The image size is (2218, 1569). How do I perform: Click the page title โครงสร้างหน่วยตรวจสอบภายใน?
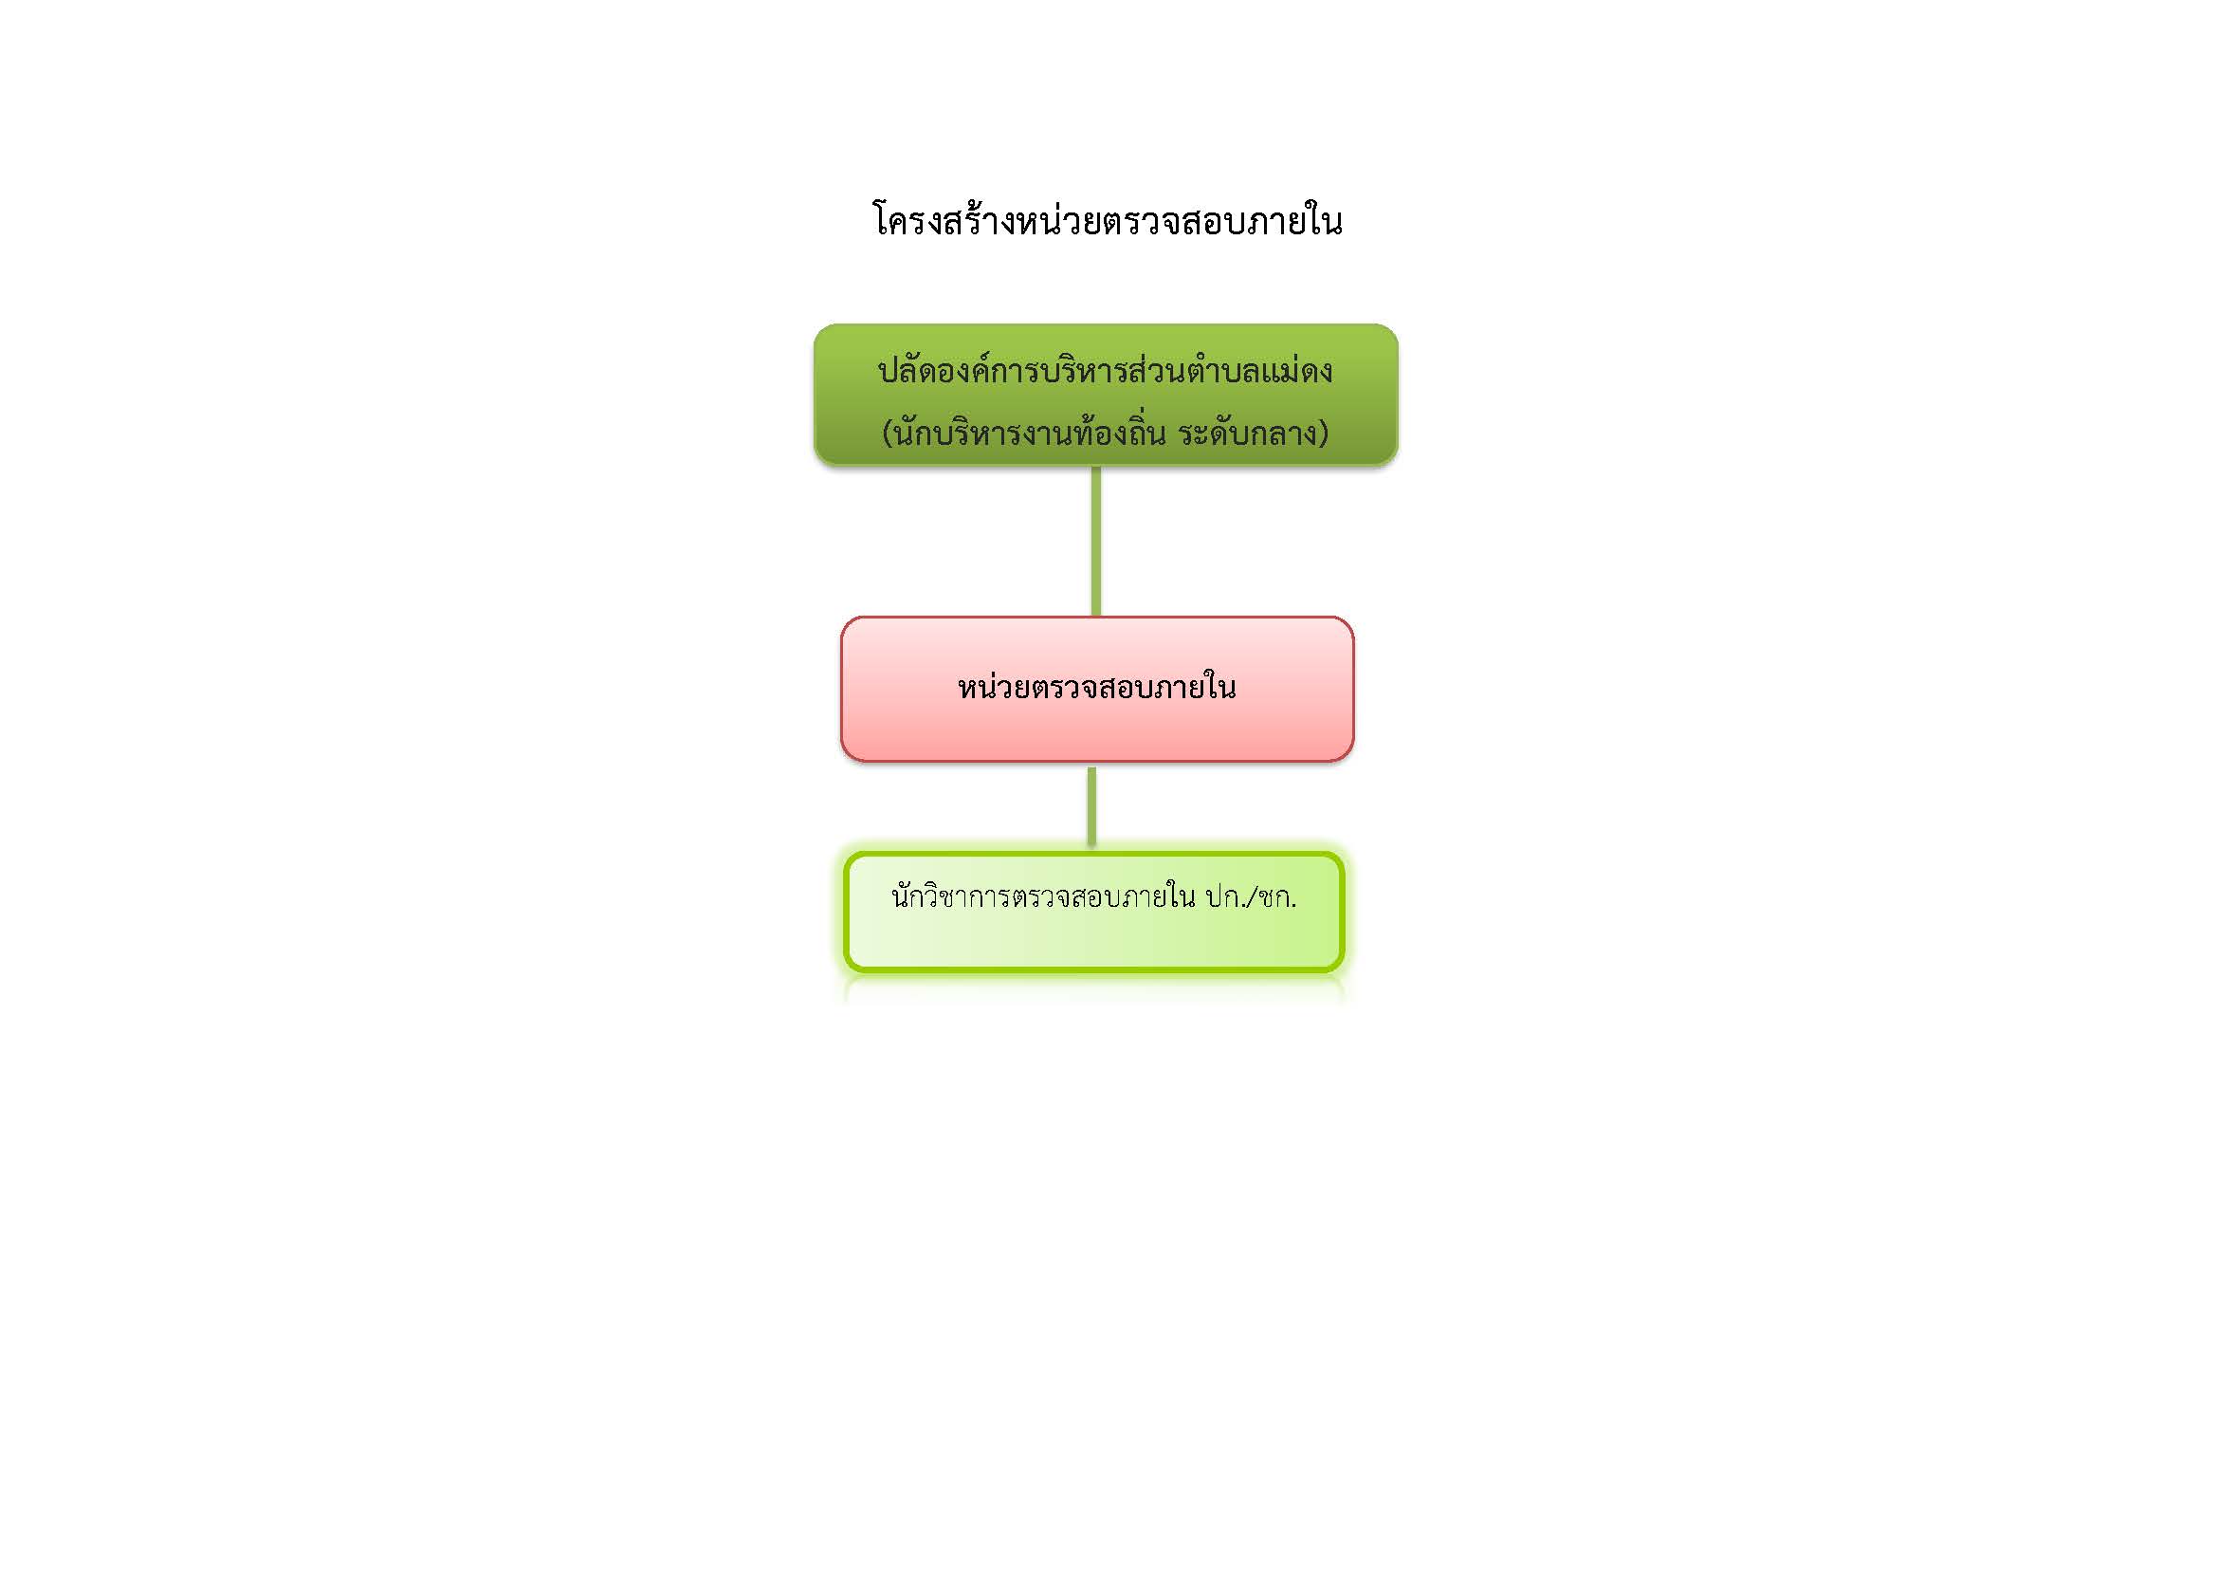(1107, 219)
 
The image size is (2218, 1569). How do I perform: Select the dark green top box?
(1105, 395)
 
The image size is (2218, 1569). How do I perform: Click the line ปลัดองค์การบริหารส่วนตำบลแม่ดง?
(1105, 370)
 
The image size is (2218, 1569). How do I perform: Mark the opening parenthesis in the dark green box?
(888, 434)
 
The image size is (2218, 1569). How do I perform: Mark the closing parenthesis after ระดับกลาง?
(1324, 434)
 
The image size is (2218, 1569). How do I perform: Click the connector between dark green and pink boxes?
(1095, 541)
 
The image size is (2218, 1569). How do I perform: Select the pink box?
(1096, 689)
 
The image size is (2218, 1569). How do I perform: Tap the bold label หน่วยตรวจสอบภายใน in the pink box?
(1096, 687)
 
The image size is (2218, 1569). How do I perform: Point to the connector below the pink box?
(1091, 807)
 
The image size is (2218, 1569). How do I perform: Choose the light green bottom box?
(1094, 911)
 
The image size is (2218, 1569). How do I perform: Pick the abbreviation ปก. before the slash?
(1225, 898)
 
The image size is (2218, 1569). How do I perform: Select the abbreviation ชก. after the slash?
(1277, 898)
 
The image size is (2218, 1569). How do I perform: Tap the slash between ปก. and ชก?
(1251, 898)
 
